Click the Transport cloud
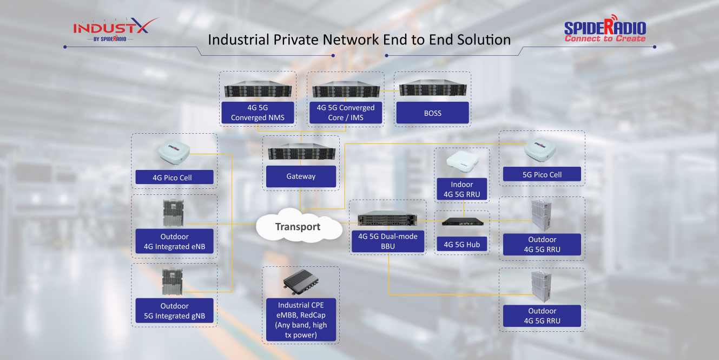click(x=298, y=227)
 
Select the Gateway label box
click(x=301, y=176)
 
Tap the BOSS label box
click(x=433, y=113)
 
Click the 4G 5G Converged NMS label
click(x=258, y=113)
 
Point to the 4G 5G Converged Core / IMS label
click(x=345, y=113)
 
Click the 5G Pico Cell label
click(x=542, y=174)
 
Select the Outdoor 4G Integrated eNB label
click(x=174, y=242)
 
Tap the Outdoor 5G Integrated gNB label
click(x=174, y=311)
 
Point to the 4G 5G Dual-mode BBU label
click(x=388, y=241)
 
